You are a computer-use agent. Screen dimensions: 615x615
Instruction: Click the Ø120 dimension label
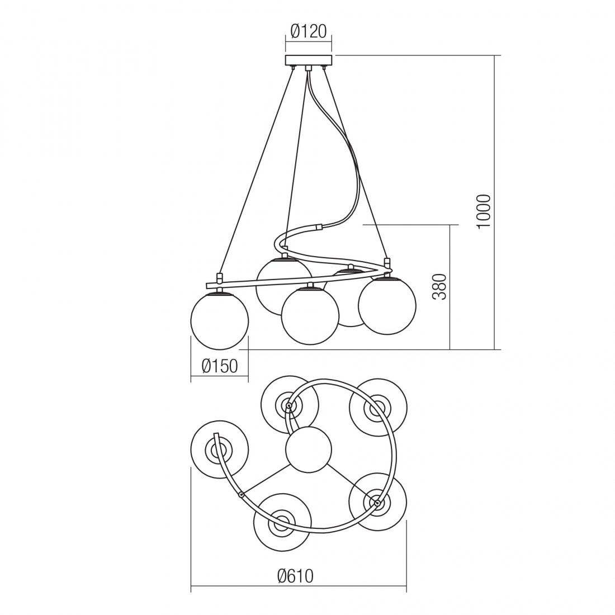click(x=308, y=31)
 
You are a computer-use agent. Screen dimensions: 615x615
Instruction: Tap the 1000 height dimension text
click(x=484, y=211)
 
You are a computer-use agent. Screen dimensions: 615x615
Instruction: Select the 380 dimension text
click(x=439, y=287)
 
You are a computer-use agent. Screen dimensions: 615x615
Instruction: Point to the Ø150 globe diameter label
click(x=220, y=366)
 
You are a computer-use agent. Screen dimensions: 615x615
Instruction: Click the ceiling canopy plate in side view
click(x=309, y=60)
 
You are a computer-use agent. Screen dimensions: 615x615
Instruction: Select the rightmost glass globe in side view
click(x=387, y=306)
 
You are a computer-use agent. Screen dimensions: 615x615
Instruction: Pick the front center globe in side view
click(x=310, y=316)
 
